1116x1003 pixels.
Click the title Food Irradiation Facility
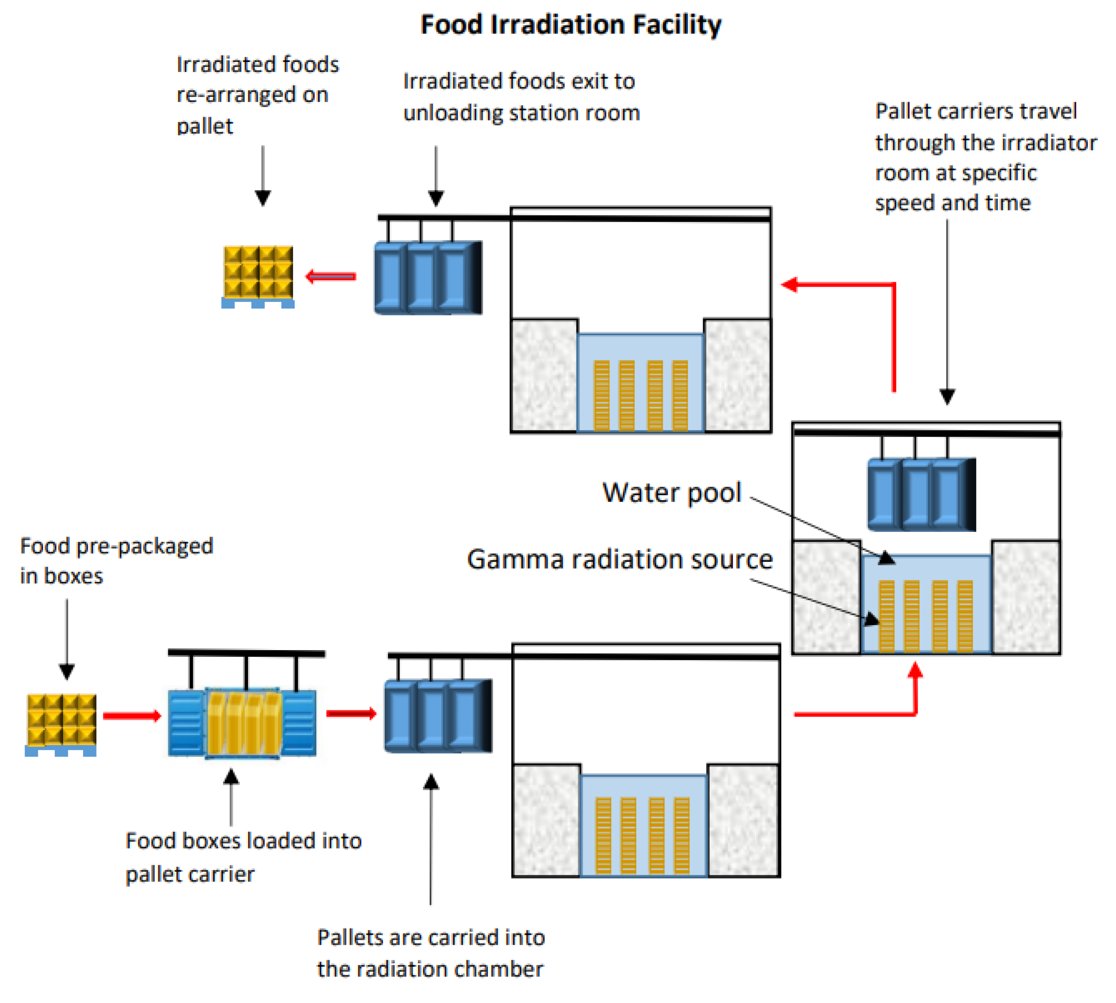coord(570,25)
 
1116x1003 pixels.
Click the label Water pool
coord(671,492)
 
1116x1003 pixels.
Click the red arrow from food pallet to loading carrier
coord(132,716)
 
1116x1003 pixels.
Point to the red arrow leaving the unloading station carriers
coord(331,276)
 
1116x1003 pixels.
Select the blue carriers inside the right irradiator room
coord(921,495)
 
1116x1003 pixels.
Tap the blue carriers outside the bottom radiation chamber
coord(438,715)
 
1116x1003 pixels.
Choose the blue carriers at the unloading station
coord(428,277)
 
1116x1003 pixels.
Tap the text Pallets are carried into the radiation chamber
coord(430,953)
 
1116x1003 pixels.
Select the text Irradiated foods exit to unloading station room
coord(521,97)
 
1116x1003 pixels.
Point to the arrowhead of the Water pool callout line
coord(886,559)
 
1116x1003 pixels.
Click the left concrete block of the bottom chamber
coord(546,820)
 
